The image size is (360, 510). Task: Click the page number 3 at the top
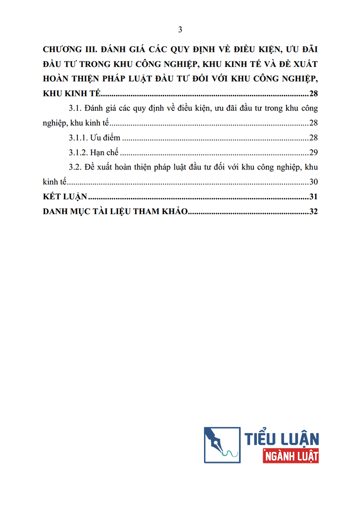pos(180,30)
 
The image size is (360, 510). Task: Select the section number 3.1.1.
pos(78,138)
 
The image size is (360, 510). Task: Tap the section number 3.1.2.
pos(78,153)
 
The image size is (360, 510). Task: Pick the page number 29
pos(313,153)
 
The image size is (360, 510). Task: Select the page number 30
pos(313,182)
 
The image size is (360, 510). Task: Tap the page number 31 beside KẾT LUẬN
pos(313,197)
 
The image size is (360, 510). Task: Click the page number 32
pos(313,212)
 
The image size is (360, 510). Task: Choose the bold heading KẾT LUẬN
pos(64,197)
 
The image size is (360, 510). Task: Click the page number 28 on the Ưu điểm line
pos(313,138)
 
